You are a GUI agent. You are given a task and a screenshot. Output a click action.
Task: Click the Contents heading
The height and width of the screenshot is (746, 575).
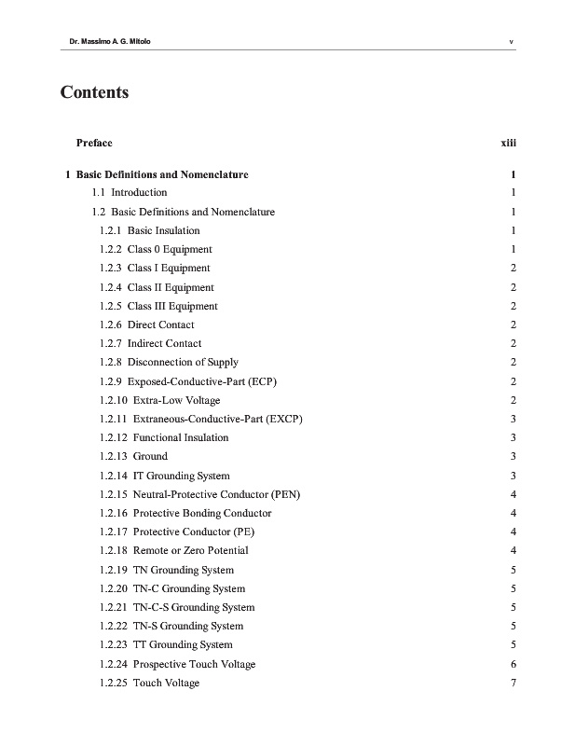(x=94, y=92)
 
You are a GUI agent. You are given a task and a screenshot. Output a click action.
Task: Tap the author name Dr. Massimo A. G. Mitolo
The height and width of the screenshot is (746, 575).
(x=100, y=41)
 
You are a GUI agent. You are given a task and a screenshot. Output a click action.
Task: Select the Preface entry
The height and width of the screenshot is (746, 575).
(x=93, y=143)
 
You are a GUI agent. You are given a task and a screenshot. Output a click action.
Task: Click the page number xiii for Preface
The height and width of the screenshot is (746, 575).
(x=509, y=143)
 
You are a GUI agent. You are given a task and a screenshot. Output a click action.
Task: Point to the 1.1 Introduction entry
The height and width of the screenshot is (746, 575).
(x=130, y=193)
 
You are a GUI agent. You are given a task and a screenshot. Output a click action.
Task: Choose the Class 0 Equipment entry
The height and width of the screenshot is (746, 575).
(x=156, y=249)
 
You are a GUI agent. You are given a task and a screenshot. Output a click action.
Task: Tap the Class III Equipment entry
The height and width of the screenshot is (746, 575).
(x=158, y=306)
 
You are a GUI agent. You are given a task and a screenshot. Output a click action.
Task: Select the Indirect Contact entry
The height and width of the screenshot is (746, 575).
(x=150, y=343)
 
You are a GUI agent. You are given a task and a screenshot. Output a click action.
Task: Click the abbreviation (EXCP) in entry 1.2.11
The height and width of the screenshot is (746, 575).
(x=284, y=419)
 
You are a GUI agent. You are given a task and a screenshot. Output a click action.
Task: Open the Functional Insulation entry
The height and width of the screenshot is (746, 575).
(x=163, y=437)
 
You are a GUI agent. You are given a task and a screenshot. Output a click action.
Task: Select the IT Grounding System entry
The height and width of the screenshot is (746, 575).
(x=164, y=476)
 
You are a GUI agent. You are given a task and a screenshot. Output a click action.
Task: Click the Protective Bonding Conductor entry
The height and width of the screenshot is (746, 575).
(x=185, y=513)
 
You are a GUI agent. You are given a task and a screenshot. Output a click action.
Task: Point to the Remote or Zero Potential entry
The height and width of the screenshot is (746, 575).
(x=173, y=550)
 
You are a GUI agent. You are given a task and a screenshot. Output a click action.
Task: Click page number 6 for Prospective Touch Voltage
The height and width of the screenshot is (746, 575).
(x=513, y=664)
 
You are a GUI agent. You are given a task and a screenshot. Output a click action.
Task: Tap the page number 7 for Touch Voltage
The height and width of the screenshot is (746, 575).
(x=513, y=683)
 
